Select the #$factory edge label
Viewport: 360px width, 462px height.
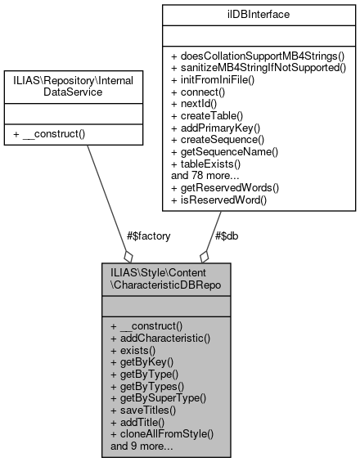click(149, 235)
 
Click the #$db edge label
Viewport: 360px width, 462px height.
click(227, 235)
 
